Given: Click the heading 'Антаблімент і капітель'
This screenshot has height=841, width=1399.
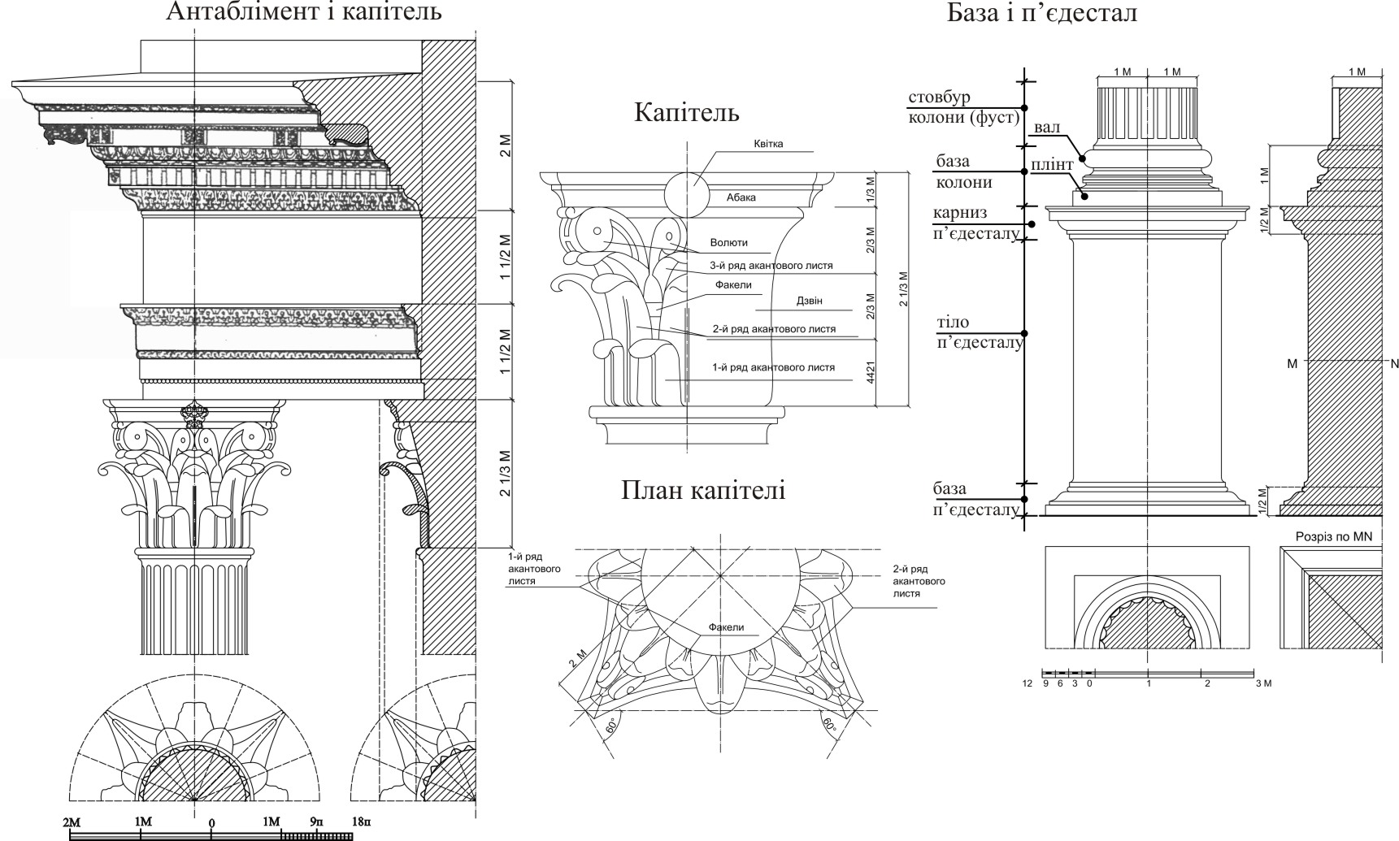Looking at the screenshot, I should point(304,12).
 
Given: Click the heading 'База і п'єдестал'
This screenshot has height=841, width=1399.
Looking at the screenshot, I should point(1041,13).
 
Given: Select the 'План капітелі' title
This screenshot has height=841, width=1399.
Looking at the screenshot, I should point(703,490).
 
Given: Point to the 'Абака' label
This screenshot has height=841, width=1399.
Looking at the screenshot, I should point(741,197).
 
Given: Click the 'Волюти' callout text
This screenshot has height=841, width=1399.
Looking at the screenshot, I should point(728,242).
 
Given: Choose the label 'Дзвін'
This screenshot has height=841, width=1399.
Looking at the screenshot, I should point(810,301).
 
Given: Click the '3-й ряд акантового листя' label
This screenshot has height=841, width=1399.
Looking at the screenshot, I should point(771,266).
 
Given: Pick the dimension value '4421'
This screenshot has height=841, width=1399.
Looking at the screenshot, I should point(870,373).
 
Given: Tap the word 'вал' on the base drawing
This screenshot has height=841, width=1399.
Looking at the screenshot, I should point(1048,129).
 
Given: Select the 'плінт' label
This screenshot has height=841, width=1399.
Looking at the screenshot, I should point(1053,165).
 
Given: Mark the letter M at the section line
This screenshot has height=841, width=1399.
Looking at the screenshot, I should point(1292,363).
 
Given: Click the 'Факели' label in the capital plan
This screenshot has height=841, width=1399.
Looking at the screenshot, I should point(726,627).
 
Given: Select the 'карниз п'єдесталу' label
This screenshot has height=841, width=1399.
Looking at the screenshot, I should point(975,223).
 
